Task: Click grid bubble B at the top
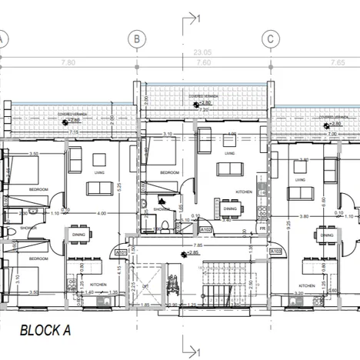[x=136, y=38]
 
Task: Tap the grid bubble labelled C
[x=271, y=38]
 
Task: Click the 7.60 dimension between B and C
[x=203, y=62]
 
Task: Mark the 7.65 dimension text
[x=336, y=62]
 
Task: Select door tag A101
[x=120, y=252]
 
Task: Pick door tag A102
[x=205, y=229]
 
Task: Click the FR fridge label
[x=262, y=228]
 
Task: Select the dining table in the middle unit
[x=231, y=208]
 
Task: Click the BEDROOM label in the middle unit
[x=169, y=173]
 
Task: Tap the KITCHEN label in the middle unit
[x=243, y=192]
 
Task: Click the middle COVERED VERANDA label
[x=202, y=96]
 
